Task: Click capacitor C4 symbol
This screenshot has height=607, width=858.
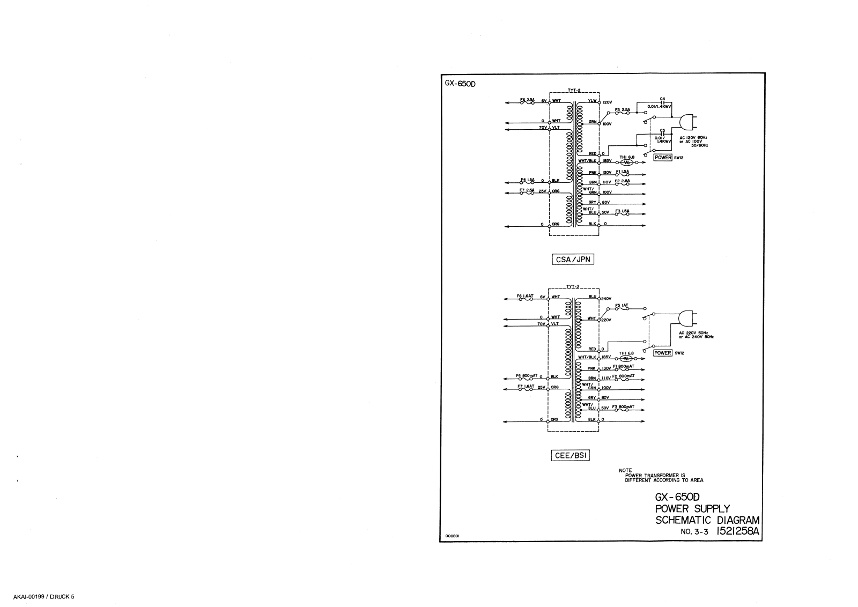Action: (x=663, y=102)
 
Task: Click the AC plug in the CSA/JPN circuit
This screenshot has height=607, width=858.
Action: (x=686, y=123)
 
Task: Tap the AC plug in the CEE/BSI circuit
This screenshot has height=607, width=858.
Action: (x=686, y=319)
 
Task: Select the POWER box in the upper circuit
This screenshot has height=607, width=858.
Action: (x=663, y=158)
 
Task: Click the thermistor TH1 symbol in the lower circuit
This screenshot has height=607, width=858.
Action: (x=626, y=358)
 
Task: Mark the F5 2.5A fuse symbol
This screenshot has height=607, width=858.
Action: (x=622, y=113)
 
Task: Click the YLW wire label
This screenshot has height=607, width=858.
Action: (x=592, y=101)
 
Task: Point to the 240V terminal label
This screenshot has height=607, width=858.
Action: (x=606, y=299)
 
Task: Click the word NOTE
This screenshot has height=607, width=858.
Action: (x=625, y=471)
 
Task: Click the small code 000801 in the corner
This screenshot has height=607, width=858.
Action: (x=452, y=536)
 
